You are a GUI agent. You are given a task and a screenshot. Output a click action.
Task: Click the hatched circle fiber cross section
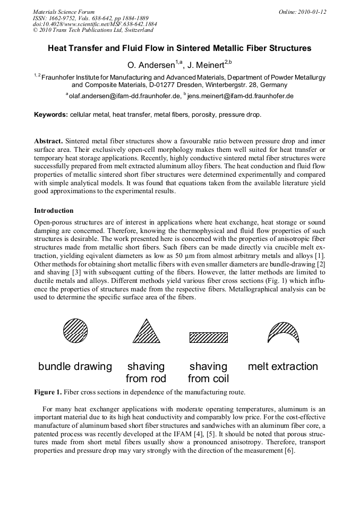(x=75, y=331)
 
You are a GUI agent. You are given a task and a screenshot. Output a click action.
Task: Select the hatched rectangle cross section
(x=209, y=338)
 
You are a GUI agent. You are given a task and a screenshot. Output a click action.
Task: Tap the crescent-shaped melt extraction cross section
(x=283, y=332)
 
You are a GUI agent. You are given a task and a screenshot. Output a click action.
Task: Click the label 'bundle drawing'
(x=75, y=366)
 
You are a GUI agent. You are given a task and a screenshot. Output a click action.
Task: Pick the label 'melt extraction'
(x=283, y=366)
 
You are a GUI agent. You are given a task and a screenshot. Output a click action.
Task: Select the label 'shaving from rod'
(x=146, y=372)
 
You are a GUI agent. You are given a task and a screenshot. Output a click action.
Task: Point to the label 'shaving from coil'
(x=208, y=372)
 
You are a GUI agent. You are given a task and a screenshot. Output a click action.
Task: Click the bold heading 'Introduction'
(x=54, y=211)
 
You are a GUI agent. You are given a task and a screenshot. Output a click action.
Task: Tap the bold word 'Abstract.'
(x=48, y=141)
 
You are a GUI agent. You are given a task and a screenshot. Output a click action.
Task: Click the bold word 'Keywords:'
(x=51, y=115)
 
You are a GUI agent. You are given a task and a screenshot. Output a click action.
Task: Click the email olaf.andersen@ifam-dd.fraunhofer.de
(x=124, y=96)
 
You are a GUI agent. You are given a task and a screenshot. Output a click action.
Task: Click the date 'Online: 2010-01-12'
(x=302, y=12)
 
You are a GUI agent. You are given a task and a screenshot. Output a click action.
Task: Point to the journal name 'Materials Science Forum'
(x=64, y=12)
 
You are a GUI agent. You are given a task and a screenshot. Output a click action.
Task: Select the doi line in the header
(x=95, y=24)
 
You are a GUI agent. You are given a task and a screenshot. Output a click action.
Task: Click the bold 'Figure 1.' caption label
(x=48, y=392)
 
